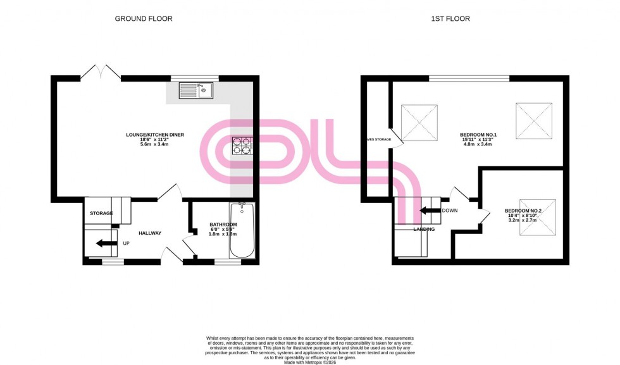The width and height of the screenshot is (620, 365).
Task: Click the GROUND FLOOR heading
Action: coord(144,19)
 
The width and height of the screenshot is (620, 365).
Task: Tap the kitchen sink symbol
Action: coord(197,91)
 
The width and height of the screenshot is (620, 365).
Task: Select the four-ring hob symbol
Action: coord(241,146)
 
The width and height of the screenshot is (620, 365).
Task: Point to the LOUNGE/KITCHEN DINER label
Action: coord(151,134)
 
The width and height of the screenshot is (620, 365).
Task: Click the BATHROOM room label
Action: coord(223,225)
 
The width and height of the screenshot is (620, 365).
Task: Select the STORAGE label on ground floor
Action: coord(101,213)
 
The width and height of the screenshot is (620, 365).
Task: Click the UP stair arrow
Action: coord(107,242)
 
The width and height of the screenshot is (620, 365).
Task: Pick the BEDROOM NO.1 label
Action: coord(478,135)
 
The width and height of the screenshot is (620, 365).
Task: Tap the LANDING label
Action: coord(424,229)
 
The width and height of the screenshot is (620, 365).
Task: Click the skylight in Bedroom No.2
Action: coord(537,218)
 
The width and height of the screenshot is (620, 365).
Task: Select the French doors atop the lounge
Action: coord(100,71)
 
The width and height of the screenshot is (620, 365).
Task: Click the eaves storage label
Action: coord(378,139)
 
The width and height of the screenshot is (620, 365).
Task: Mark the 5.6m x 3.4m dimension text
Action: coord(151,145)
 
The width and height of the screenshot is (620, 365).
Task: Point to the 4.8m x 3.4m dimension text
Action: coord(478,145)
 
